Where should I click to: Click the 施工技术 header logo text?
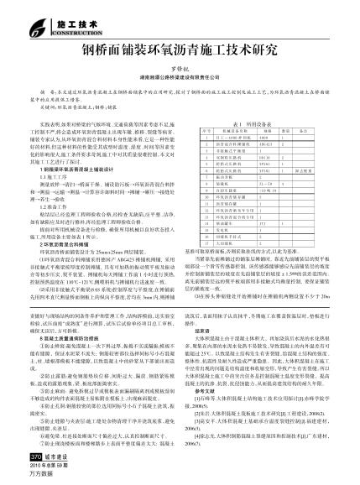(37, 14)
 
